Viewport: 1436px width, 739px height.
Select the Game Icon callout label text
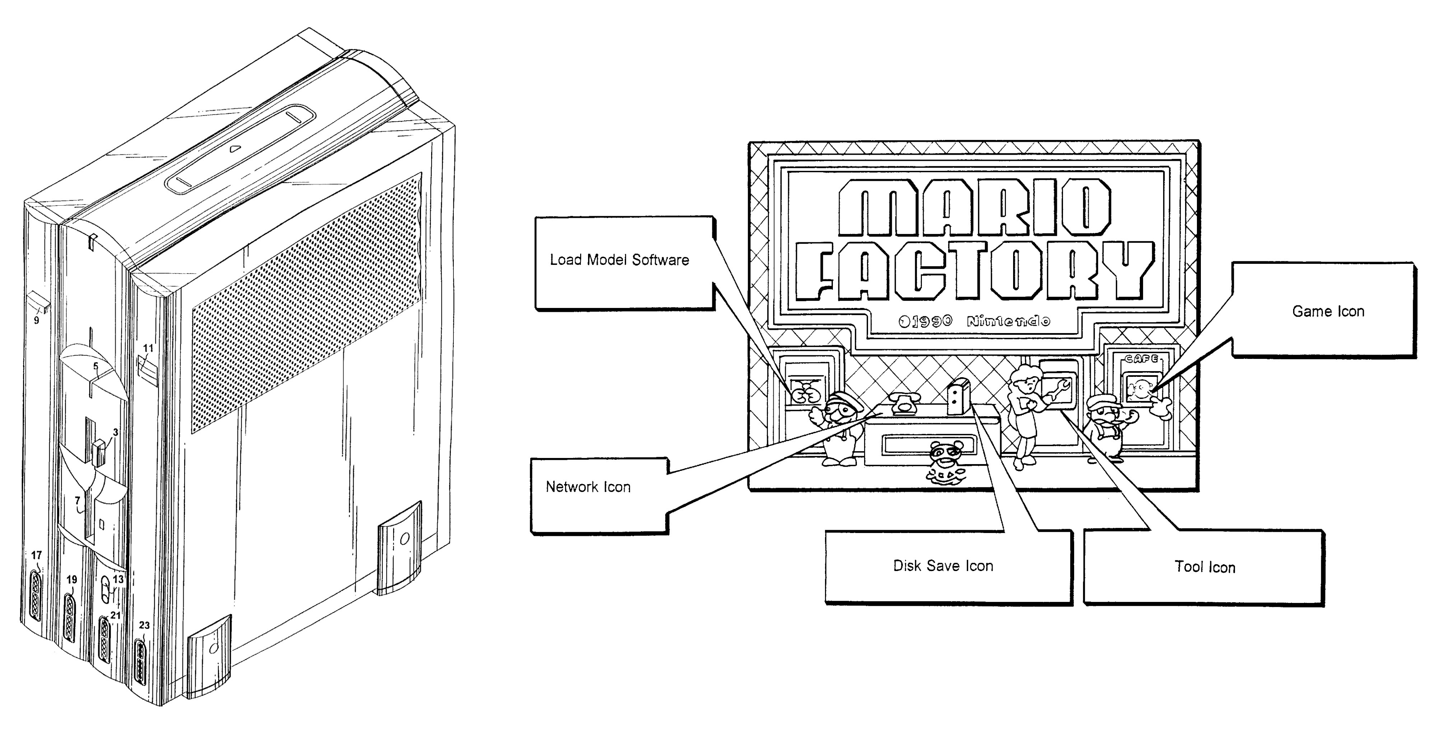click(x=1328, y=312)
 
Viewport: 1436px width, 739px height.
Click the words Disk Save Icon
click(x=943, y=566)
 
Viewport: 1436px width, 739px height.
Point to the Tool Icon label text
click(x=1205, y=567)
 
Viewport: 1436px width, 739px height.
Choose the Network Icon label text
click(x=588, y=487)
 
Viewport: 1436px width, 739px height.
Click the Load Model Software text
click(x=619, y=260)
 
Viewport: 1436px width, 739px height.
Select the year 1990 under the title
click(x=931, y=322)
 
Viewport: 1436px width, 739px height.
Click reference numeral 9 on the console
click(x=37, y=321)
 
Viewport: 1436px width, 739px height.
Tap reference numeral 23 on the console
click(x=144, y=625)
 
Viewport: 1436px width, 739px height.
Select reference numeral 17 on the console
click(x=37, y=555)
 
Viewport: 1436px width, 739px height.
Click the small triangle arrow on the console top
click(x=235, y=149)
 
